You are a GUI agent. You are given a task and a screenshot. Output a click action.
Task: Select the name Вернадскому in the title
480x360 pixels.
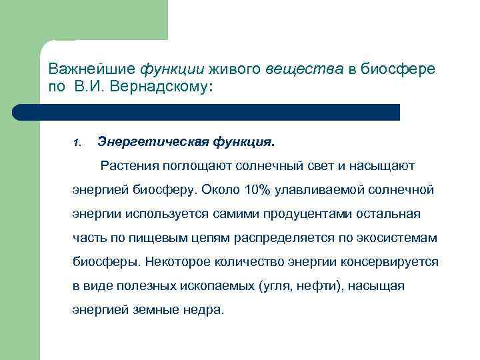click(169, 88)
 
